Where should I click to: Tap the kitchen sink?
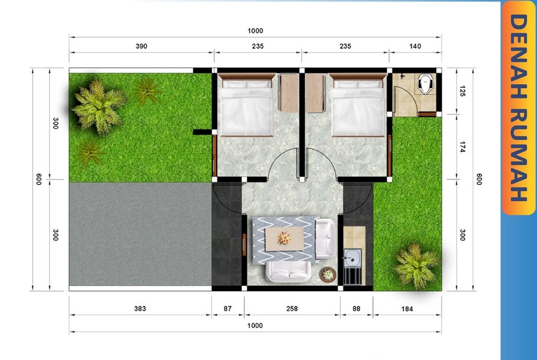(x=352, y=258)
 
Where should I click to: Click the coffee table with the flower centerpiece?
(x=284, y=238)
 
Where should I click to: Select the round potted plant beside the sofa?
(x=328, y=274)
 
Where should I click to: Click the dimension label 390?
(x=142, y=46)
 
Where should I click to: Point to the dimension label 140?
(x=415, y=46)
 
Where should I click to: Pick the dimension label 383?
(x=140, y=309)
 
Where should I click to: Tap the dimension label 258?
(x=292, y=309)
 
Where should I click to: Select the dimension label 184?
(x=407, y=309)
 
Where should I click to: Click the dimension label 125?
(x=463, y=91)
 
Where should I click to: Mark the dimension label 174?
(x=463, y=147)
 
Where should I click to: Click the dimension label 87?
(x=228, y=309)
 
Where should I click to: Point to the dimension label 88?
(x=357, y=309)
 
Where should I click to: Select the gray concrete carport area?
(x=141, y=234)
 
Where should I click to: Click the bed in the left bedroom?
(x=246, y=105)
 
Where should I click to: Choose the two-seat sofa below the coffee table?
(x=289, y=272)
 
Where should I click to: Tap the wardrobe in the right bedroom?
(x=315, y=93)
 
